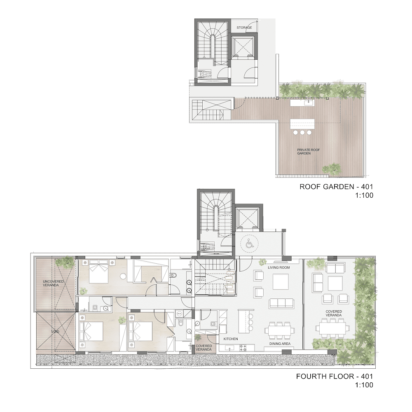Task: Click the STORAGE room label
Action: coord(244,28)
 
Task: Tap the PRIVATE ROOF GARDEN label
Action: coord(305,152)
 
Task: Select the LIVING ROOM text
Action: coord(279,267)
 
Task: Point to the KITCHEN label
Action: coord(231,339)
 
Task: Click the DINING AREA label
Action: coord(280,344)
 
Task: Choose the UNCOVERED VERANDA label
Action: coord(53,283)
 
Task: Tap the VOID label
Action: coord(56,332)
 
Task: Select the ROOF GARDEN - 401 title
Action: coord(336,187)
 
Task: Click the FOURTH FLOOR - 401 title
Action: coord(335,377)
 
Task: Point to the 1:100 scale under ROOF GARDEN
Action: coord(364,195)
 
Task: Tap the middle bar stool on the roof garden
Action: coord(302,132)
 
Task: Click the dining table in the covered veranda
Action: coord(332,328)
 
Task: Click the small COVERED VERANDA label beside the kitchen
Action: coord(204,348)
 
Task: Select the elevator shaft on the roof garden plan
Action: coord(243,47)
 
